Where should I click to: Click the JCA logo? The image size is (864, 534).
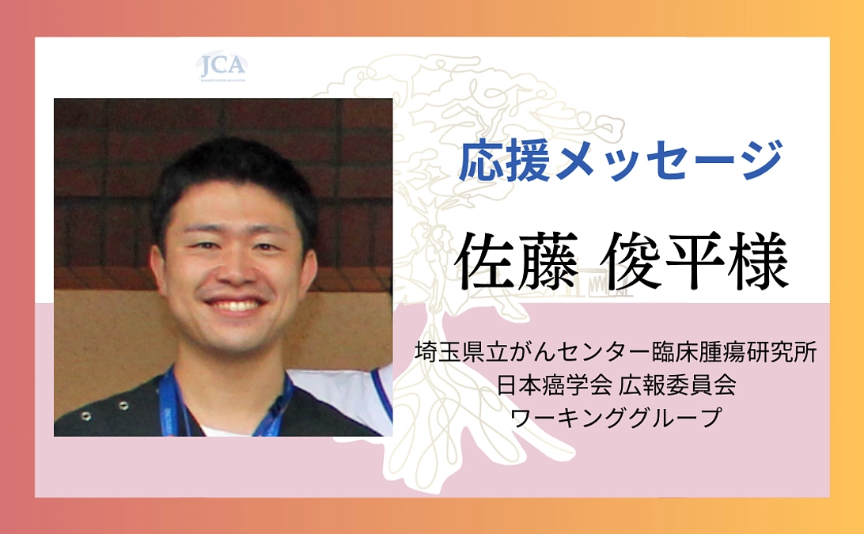[x=222, y=66]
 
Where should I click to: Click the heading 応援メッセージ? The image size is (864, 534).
[x=620, y=161]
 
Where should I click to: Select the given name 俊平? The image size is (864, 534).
[x=669, y=261]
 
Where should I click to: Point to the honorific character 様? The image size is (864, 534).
[x=757, y=261]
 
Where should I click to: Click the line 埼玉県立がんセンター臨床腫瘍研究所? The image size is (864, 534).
[x=616, y=353]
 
